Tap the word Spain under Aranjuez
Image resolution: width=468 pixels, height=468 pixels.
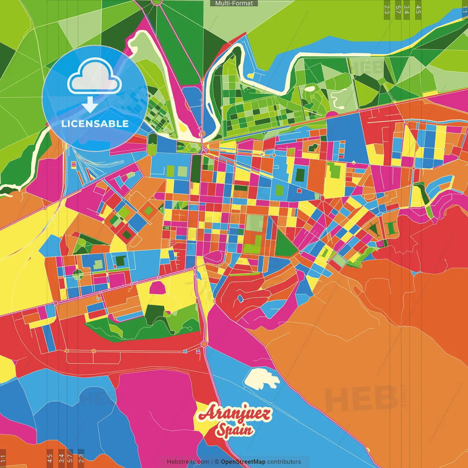coord(234,430)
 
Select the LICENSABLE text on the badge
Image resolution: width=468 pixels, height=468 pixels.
coord(95,124)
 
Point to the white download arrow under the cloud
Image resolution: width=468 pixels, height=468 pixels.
coord(90,105)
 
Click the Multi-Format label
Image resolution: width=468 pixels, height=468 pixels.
coord(234,3)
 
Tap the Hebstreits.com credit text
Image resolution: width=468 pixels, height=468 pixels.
coord(188,462)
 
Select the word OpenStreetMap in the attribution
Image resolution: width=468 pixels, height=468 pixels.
coord(243,462)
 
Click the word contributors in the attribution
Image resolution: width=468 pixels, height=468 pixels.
coord(284,462)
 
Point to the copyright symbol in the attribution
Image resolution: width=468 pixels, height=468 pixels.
coord(217,462)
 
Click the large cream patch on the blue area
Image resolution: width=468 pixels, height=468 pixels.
coord(261,378)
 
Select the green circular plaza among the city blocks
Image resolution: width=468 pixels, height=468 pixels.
coord(78,274)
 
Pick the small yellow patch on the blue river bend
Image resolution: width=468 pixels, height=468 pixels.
coord(251,76)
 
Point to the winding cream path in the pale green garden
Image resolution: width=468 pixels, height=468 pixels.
coord(337,95)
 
